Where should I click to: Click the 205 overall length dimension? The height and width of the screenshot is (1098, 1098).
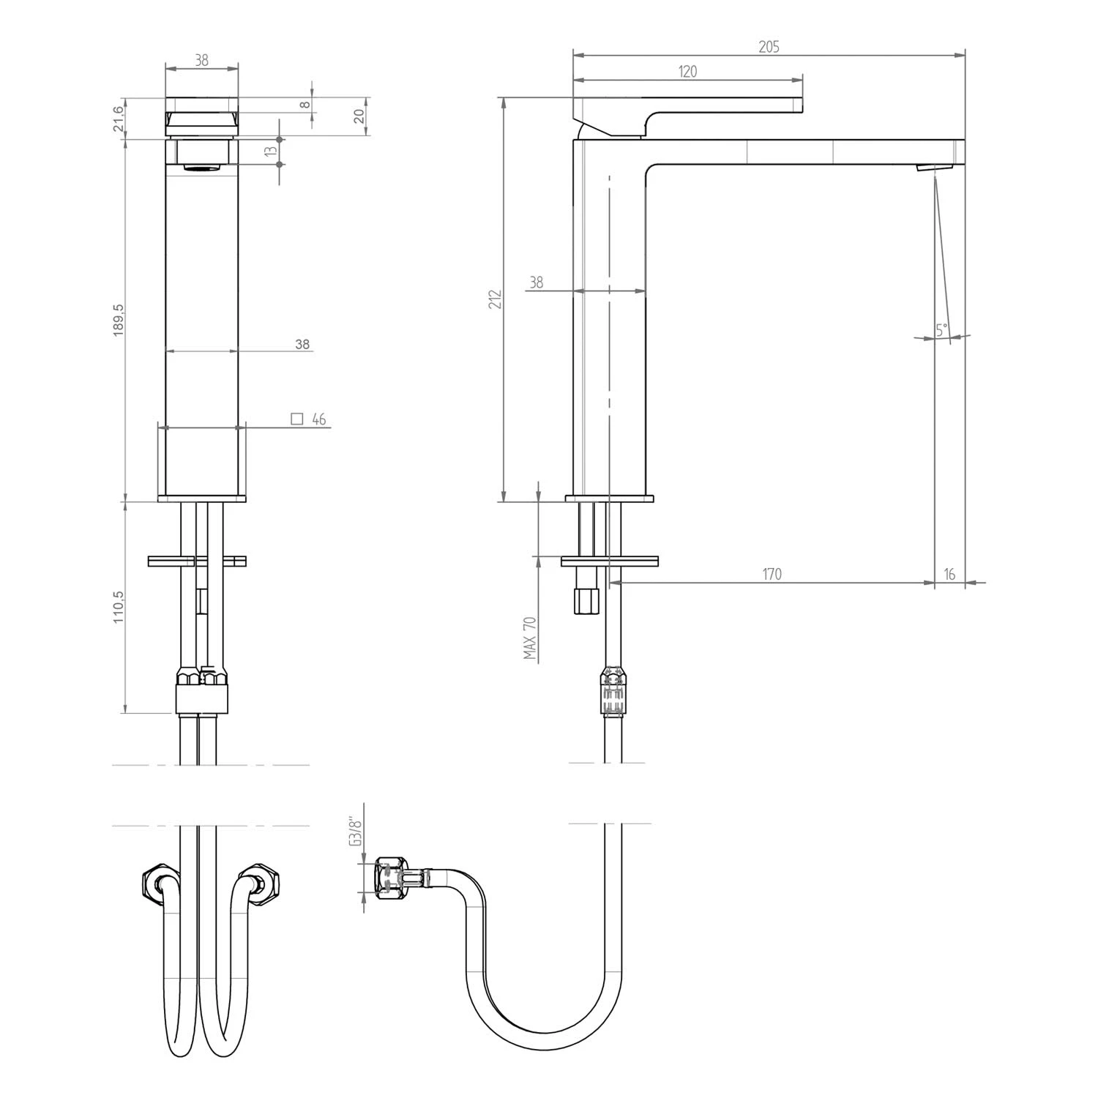769,47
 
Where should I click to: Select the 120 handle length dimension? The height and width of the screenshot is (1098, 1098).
687,71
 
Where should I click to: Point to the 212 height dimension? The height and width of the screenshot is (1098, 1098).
496,299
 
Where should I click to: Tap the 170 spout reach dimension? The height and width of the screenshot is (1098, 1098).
772,574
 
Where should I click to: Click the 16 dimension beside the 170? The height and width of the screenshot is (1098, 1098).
949,574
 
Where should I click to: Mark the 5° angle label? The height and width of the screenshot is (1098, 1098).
941,329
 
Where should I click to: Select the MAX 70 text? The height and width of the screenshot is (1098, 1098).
531,638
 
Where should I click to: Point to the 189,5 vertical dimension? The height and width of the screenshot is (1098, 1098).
119,320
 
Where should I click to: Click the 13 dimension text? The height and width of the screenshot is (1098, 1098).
271,151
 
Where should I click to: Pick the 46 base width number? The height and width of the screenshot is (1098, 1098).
318,419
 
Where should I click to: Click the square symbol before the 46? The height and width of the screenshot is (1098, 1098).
296,419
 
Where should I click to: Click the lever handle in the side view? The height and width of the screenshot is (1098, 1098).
695,106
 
